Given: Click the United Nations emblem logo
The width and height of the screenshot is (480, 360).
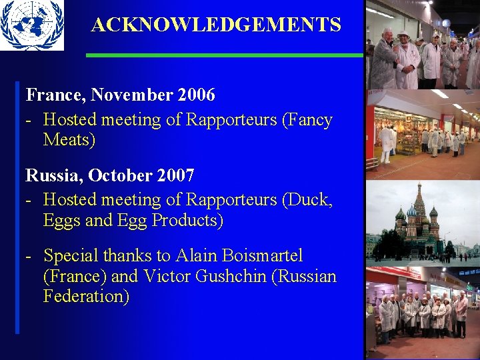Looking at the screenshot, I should point(31,25).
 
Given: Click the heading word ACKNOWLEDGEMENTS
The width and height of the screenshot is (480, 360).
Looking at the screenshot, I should point(216,25).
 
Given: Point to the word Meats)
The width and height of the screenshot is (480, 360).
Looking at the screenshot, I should point(69,141).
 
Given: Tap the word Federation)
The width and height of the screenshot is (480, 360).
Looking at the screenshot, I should point(86,297).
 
